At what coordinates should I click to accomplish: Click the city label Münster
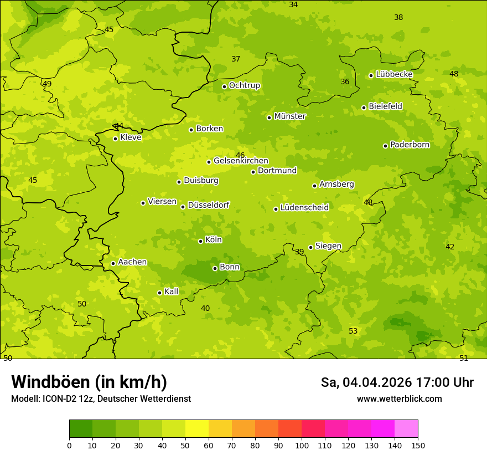coord(289,116)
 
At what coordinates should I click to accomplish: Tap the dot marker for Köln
coord(200,241)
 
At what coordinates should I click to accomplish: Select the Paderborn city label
coord(410,145)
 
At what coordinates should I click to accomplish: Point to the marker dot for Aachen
coord(113,263)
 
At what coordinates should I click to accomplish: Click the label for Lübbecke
coord(394,74)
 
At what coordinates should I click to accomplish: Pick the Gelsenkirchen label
coord(241,161)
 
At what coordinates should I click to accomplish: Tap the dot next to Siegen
coord(310,247)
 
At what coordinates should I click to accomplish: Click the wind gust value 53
coord(353,331)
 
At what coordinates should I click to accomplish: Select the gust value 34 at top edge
coord(293,4)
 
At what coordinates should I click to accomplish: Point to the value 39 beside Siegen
coord(299,252)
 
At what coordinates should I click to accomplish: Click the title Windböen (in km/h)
coord(89,382)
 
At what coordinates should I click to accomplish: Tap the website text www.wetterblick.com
coord(399,398)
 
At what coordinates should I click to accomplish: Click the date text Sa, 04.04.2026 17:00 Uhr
coord(397,382)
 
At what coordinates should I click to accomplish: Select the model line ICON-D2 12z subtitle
coord(101,398)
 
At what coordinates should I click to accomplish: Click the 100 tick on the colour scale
coord(302,445)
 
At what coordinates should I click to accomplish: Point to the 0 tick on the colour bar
coord(69,445)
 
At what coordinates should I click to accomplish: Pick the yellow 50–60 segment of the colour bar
coord(197,429)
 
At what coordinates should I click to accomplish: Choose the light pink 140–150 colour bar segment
coord(406,429)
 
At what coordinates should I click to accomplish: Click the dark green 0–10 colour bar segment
coord(81,429)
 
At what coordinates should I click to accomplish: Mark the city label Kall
coord(171,292)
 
